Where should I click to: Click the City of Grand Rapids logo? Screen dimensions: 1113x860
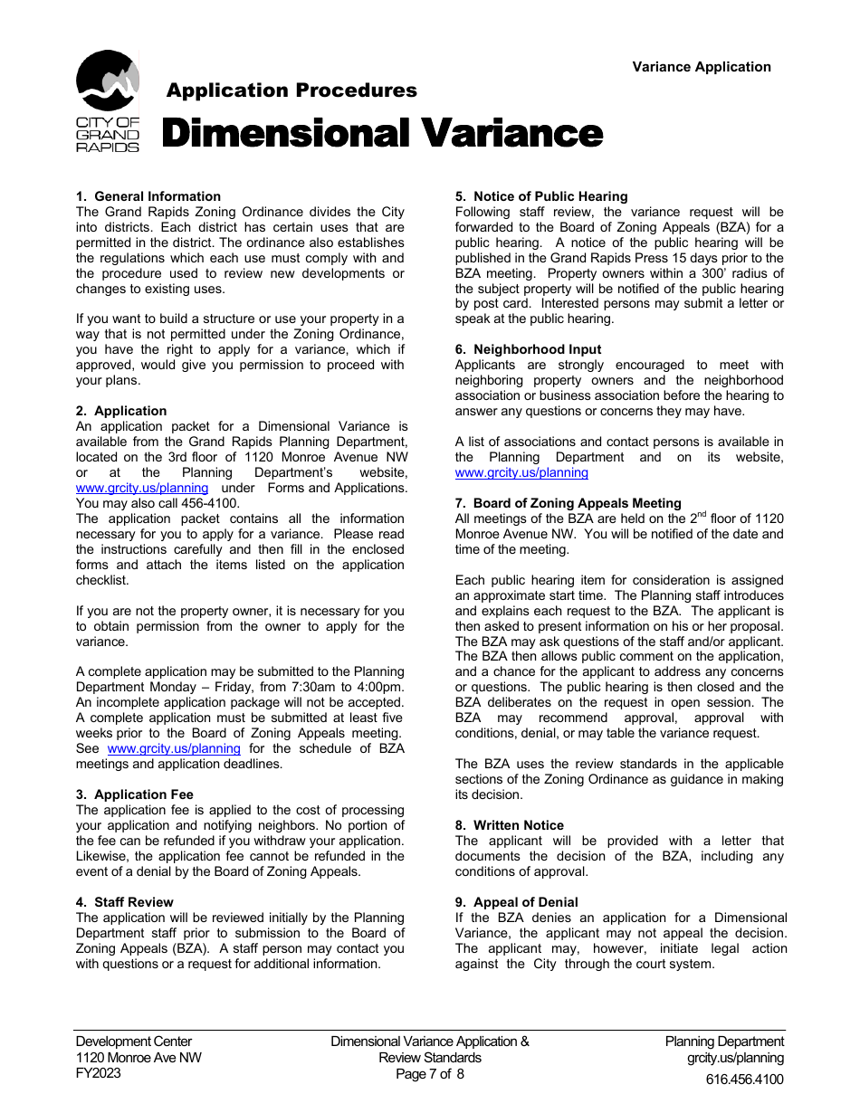(x=108, y=100)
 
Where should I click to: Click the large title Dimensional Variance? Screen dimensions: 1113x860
(x=382, y=134)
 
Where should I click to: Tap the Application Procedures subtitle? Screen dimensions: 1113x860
(x=291, y=90)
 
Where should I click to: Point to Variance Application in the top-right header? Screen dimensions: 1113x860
(x=702, y=67)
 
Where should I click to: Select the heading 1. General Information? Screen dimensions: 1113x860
(x=148, y=196)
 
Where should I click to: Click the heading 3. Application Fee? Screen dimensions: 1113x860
(x=135, y=794)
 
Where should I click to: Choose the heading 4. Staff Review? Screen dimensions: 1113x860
(x=125, y=902)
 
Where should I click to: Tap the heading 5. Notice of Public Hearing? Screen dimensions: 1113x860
(x=541, y=196)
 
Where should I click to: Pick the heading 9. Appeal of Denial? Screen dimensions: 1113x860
(x=517, y=902)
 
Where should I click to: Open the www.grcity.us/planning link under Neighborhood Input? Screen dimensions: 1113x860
(x=521, y=472)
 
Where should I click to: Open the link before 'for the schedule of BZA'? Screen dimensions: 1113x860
(x=174, y=748)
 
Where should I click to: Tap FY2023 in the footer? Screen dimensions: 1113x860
(x=99, y=1074)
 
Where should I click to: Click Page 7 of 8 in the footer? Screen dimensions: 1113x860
(x=430, y=1074)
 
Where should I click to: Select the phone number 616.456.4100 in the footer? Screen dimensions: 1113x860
(x=745, y=1079)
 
